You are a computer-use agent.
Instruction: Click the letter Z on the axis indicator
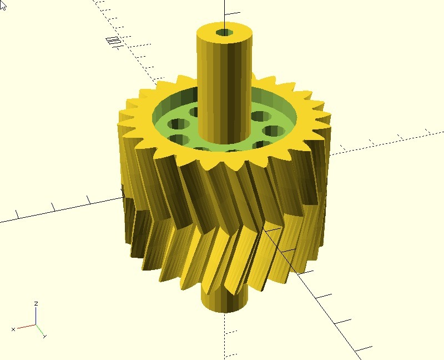(x=36, y=304)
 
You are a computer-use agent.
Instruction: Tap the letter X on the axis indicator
(x=13, y=329)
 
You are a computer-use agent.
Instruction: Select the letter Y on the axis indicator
(x=44, y=336)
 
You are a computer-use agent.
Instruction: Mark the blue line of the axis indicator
(x=36, y=317)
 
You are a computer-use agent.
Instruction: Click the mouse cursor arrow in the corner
(x=3, y=3)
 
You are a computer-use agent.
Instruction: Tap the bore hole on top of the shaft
(x=225, y=33)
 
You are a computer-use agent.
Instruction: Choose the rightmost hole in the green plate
(x=274, y=132)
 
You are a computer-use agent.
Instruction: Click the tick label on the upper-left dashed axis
(x=113, y=41)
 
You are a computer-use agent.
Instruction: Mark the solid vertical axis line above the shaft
(x=225, y=11)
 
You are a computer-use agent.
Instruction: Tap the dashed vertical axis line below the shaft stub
(x=225, y=333)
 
